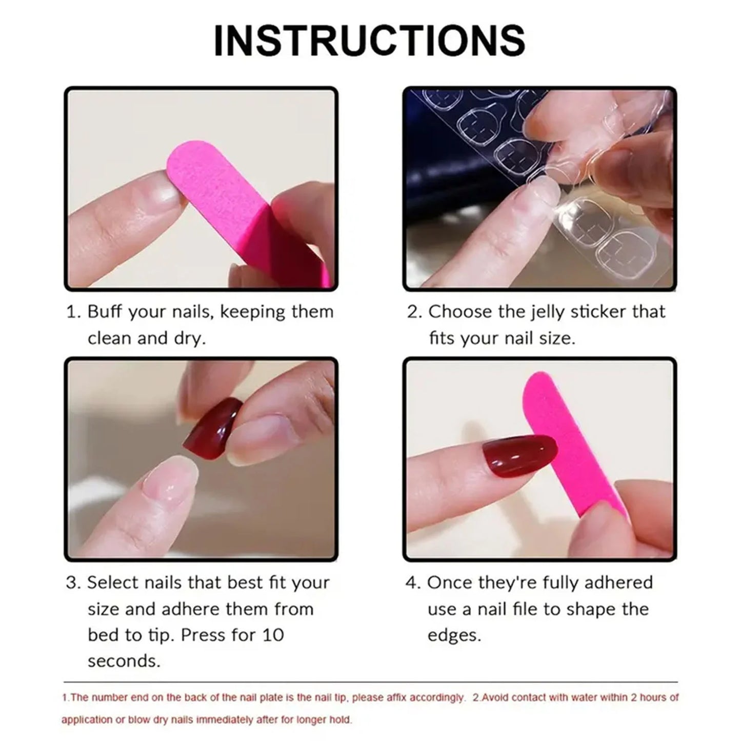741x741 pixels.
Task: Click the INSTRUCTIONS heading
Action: [369, 41]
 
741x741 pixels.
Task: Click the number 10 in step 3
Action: [272, 635]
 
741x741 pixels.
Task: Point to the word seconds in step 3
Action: [124, 661]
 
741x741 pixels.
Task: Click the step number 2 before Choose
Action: [413, 312]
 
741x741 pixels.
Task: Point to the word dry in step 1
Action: [188, 338]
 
